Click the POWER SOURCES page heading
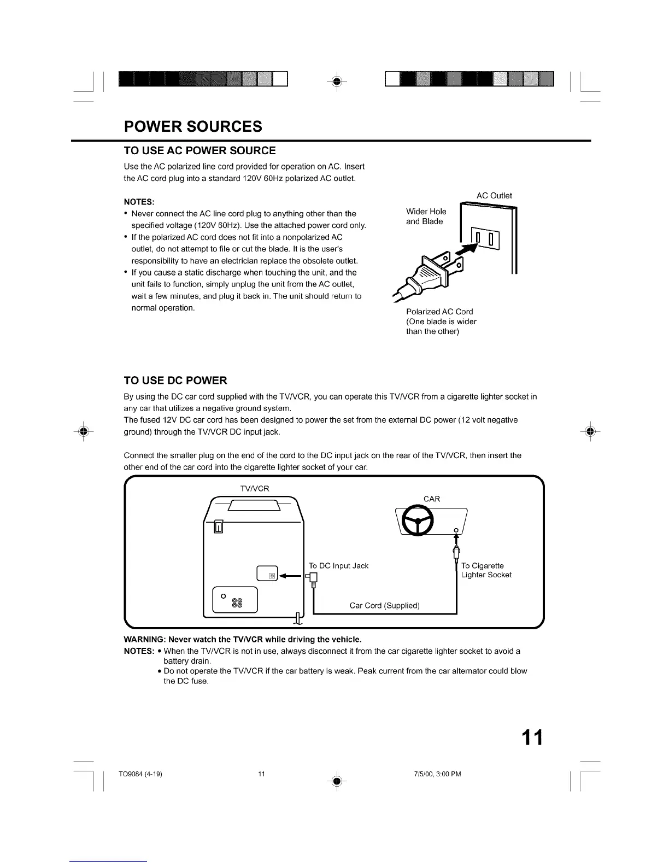(193, 126)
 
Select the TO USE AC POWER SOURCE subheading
(199, 150)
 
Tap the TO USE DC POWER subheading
(175, 380)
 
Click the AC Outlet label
(494, 195)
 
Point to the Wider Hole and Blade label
(426, 216)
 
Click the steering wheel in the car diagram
(418, 520)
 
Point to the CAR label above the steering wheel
(432, 499)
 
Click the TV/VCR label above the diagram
(254, 488)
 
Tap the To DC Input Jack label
(338, 565)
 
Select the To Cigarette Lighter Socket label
(486, 570)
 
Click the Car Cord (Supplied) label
(384, 605)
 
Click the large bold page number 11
(531, 738)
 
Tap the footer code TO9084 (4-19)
(140, 774)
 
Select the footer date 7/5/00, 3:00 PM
(438, 774)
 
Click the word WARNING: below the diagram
(144, 639)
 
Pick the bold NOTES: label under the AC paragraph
(139, 202)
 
